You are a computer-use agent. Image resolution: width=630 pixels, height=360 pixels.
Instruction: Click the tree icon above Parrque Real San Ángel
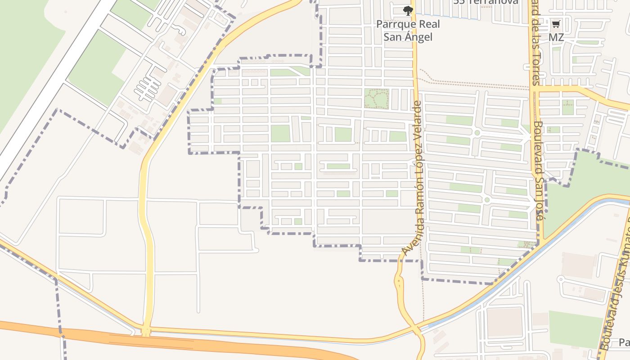(408, 10)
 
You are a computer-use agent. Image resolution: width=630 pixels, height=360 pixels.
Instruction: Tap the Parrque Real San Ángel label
(408, 30)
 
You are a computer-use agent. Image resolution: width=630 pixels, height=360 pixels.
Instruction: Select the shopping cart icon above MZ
(556, 24)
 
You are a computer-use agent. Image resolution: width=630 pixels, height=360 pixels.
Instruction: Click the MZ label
(556, 37)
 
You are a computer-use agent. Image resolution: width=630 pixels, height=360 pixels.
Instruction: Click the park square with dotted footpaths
(376, 99)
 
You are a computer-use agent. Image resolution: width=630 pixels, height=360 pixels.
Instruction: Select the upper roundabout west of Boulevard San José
(477, 133)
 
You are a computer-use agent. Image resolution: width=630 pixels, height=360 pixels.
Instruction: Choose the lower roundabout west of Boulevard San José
(486, 199)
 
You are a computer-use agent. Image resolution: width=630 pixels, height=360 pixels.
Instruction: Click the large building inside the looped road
(504, 321)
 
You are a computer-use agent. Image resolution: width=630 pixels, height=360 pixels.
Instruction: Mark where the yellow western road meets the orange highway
(145, 332)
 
